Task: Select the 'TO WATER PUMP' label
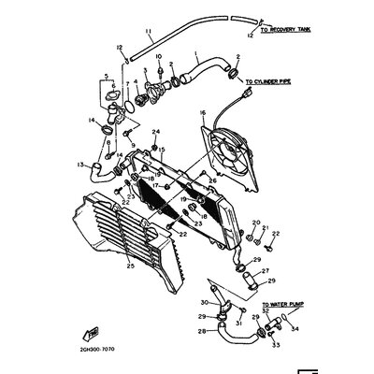tap(283, 305)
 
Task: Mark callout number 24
tap(157, 132)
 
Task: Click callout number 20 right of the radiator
tap(253, 223)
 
